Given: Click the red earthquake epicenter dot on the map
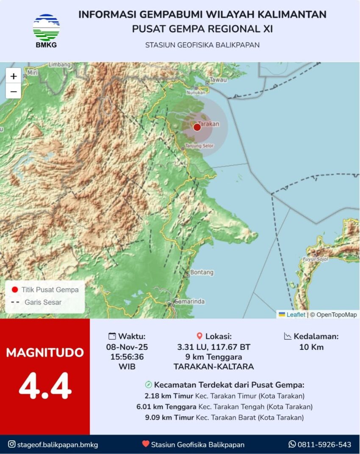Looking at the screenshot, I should pyautogui.click(x=197, y=127).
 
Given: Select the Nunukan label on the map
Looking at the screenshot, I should pyautogui.click(x=197, y=92).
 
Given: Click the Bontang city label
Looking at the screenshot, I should pyautogui.click(x=202, y=272).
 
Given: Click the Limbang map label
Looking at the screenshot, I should pyautogui.click(x=59, y=65).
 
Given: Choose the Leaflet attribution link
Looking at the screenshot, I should pyautogui.click(x=296, y=315).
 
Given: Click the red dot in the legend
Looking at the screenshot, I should pyautogui.click(x=15, y=290).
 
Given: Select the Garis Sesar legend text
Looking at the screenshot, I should pyautogui.click(x=43, y=302).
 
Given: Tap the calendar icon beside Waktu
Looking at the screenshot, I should pyautogui.click(x=112, y=336).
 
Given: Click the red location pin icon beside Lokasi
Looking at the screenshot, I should pyautogui.click(x=199, y=336).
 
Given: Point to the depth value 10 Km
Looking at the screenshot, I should pyautogui.click(x=311, y=347).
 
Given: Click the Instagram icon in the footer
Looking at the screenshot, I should pyautogui.click(x=12, y=444).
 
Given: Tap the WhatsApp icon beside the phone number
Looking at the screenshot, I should pyautogui.click(x=292, y=444).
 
